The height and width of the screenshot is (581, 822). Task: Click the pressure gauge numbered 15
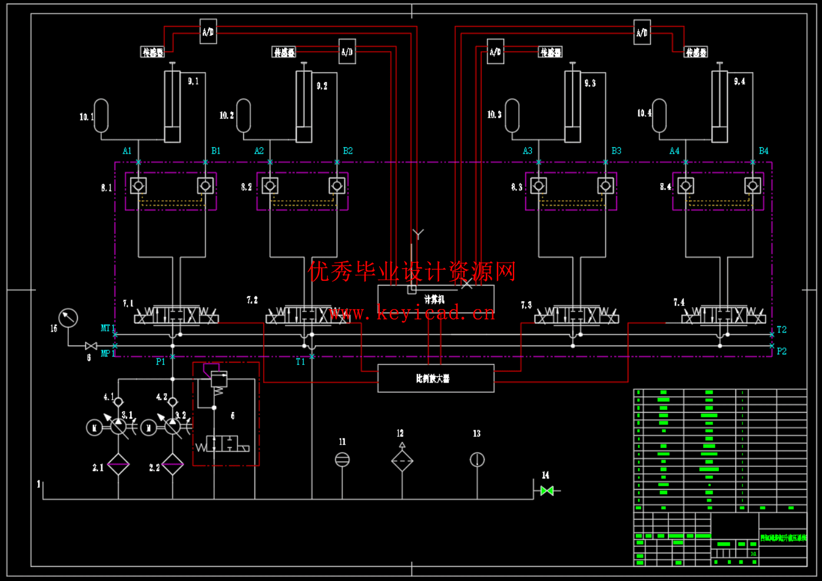coord(68,318)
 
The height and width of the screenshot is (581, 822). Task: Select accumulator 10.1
coord(101,115)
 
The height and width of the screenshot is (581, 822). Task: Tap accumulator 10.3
coord(512,115)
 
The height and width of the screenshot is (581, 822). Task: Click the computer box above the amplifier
coord(435,299)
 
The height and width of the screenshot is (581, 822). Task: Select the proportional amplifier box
coord(435,379)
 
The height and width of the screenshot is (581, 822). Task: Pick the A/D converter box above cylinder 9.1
coord(208,32)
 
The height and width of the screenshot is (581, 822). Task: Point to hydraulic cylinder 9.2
coord(304,106)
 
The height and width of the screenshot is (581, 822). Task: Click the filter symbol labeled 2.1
coord(118,464)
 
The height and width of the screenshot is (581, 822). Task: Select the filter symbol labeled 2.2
coord(173,464)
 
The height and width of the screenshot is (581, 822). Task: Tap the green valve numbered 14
coord(547,490)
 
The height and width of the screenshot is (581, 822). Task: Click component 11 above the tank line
coord(342,460)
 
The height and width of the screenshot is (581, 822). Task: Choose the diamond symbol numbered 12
coord(402,461)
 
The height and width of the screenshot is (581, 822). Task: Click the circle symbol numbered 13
coord(477,460)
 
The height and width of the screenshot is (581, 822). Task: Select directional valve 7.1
coord(176,316)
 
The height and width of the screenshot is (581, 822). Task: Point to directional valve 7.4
coord(724,316)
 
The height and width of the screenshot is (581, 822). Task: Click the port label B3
coord(616,151)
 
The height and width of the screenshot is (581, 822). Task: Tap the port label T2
coord(781,330)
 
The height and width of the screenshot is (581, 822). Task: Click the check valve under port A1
coord(138,186)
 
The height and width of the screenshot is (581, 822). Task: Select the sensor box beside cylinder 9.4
coord(695,52)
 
